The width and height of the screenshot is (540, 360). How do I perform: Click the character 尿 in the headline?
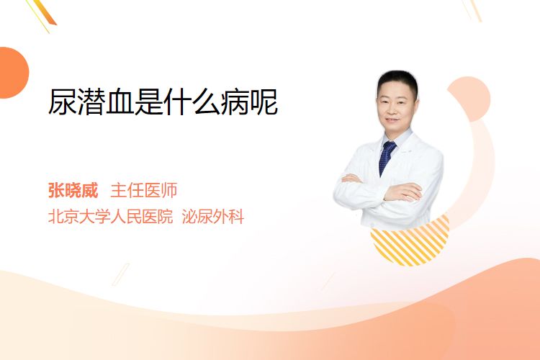(63, 102)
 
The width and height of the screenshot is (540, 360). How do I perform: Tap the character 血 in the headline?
(120, 102)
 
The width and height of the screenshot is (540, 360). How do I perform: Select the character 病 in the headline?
(235, 102)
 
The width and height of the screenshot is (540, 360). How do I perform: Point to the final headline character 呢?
(264, 102)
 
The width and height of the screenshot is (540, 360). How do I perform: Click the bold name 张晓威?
(73, 190)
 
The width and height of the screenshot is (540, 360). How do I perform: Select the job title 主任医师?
(144, 190)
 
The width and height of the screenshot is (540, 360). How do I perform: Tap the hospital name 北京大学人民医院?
(110, 217)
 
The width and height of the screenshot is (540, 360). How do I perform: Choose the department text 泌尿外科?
(213, 217)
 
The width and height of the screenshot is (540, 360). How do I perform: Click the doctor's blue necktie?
(387, 158)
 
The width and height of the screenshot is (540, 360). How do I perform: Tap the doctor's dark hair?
(397, 81)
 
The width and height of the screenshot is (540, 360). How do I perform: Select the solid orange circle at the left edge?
(13, 73)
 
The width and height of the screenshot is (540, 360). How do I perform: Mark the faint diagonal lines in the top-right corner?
(472, 9)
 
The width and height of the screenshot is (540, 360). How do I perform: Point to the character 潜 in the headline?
(91, 102)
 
